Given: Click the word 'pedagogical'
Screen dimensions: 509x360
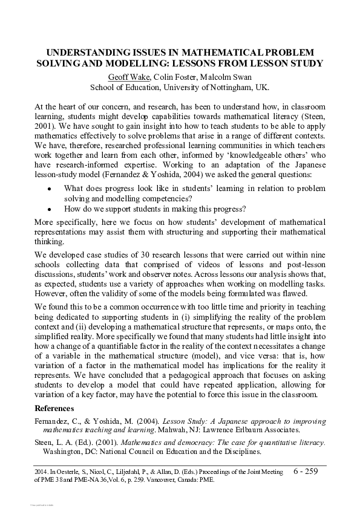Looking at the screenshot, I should click(x=168, y=383).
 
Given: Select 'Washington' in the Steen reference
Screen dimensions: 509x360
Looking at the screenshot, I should click(x=62, y=451).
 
